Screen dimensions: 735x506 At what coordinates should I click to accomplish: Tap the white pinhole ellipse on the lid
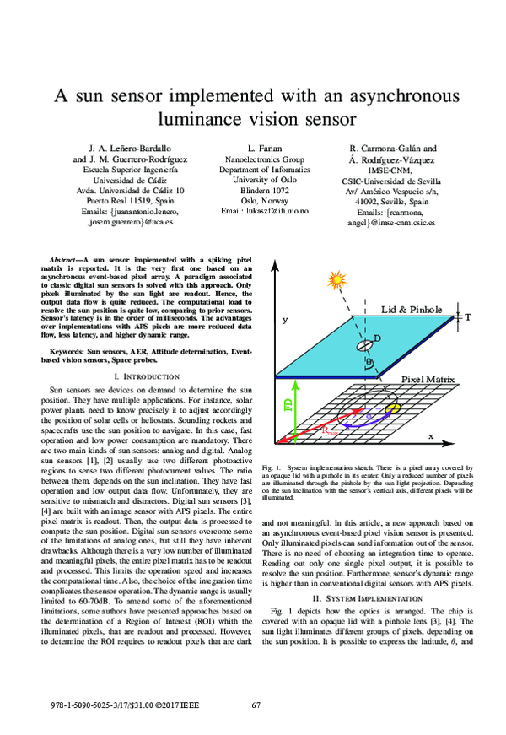click(366, 346)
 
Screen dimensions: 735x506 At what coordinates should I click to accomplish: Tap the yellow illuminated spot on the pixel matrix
click(392, 408)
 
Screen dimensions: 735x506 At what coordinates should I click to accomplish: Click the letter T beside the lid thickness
click(467, 317)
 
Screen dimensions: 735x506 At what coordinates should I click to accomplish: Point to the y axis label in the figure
click(285, 321)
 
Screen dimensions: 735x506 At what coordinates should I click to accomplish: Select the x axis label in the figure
click(430, 436)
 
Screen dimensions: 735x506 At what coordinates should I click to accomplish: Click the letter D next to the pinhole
click(376, 338)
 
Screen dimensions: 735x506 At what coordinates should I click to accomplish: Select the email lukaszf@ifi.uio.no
click(265, 211)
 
